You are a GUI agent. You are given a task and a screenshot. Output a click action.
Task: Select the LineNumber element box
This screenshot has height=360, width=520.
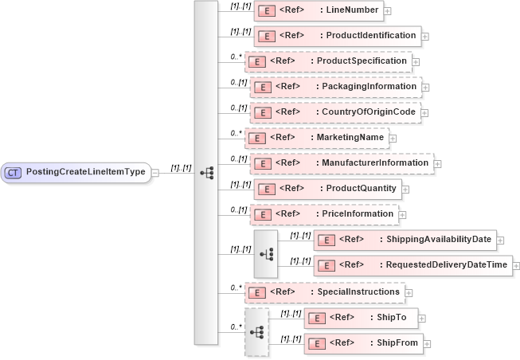coord(318,11)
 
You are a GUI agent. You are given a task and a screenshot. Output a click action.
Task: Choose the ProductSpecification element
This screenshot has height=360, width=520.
coord(327,61)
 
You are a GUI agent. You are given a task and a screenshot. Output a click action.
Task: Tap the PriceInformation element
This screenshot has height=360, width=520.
coord(324,214)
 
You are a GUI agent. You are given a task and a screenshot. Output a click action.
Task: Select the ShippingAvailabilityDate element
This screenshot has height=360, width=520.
coord(405,240)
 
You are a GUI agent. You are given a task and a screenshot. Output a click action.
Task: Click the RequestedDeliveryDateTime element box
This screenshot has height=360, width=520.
coord(412,265)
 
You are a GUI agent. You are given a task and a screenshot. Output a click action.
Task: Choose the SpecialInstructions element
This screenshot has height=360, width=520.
coord(324,292)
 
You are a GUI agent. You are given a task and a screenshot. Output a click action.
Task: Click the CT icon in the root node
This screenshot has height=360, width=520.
coord(13,171)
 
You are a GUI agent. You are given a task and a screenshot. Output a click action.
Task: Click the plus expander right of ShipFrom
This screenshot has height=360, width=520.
coord(428,343)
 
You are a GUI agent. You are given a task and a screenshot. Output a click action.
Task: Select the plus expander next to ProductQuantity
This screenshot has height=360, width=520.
coord(405,189)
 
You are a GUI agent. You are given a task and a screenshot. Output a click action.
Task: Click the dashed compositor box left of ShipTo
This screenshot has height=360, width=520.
coord(256,331)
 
